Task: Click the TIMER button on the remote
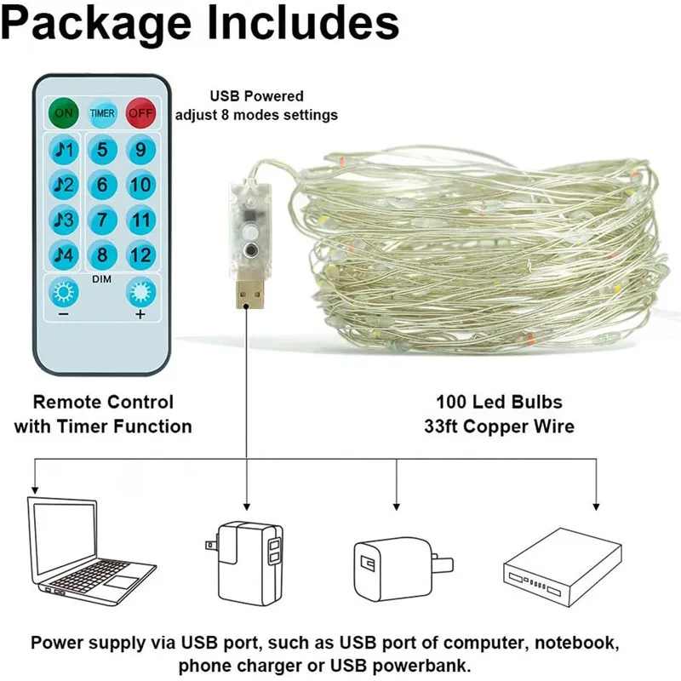102,112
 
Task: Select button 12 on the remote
140,254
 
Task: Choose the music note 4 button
64,254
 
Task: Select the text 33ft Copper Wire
499,426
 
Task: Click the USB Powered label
256,96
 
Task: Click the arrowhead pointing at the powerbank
596,502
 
